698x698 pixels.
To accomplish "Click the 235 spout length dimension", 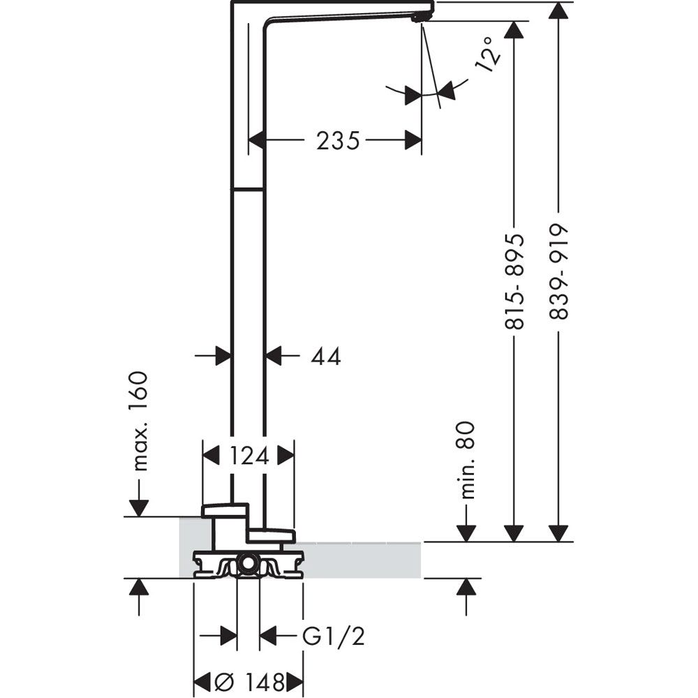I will coord(338,141).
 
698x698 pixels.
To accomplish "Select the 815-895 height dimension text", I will coord(514,278).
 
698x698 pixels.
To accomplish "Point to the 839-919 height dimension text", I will coord(558,272).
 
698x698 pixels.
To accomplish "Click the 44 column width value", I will coord(325,357).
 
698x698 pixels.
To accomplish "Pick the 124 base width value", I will coord(249,456).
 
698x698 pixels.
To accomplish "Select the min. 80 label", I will coord(467,459).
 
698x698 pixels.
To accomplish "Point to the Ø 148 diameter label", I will coord(249,681).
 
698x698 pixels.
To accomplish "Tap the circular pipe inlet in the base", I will coord(247,563).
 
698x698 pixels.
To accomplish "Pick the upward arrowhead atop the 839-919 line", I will coord(558,11).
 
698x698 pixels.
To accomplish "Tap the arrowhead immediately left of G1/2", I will coord(268,637).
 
